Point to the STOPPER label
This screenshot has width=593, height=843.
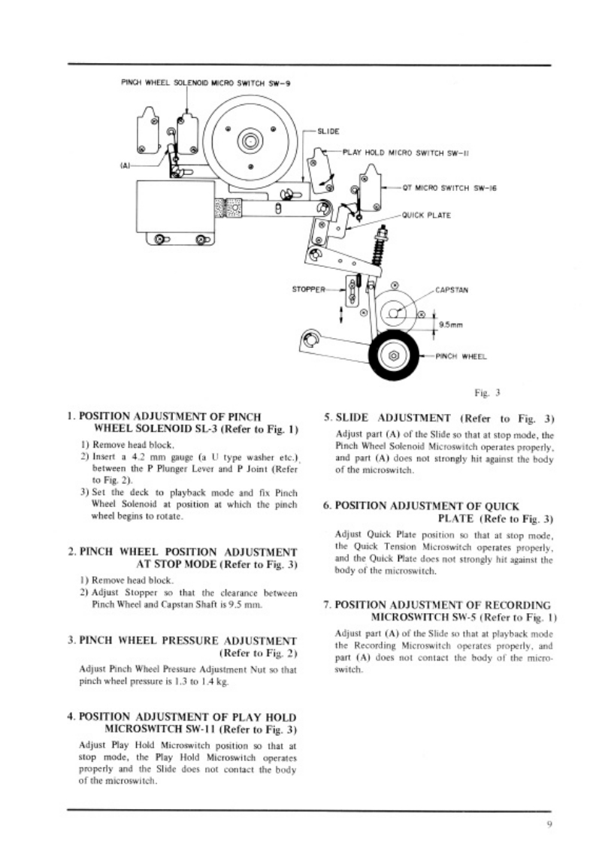pyautogui.click(x=308, y=288)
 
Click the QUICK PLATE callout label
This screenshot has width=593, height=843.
pyautogui.click(x=426, y=215)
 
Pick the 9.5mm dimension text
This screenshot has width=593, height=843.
pyautogui.click(x=450, y=325)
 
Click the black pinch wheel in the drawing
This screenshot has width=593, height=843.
pyautogui.click(x=392, y=355)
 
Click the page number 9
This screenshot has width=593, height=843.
pyautogui.click(x=550, y=824)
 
